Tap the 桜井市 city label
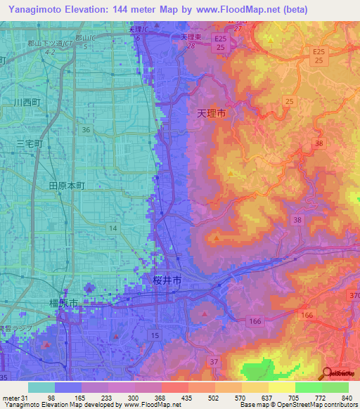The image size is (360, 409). point(167,280)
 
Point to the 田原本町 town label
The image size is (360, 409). point(67,186)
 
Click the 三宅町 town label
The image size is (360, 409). point(30,143)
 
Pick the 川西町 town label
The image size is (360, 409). point(27,103)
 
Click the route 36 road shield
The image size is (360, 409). point(85,130)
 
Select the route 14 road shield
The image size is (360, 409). point(112,228)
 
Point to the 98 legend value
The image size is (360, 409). point(51,397)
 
